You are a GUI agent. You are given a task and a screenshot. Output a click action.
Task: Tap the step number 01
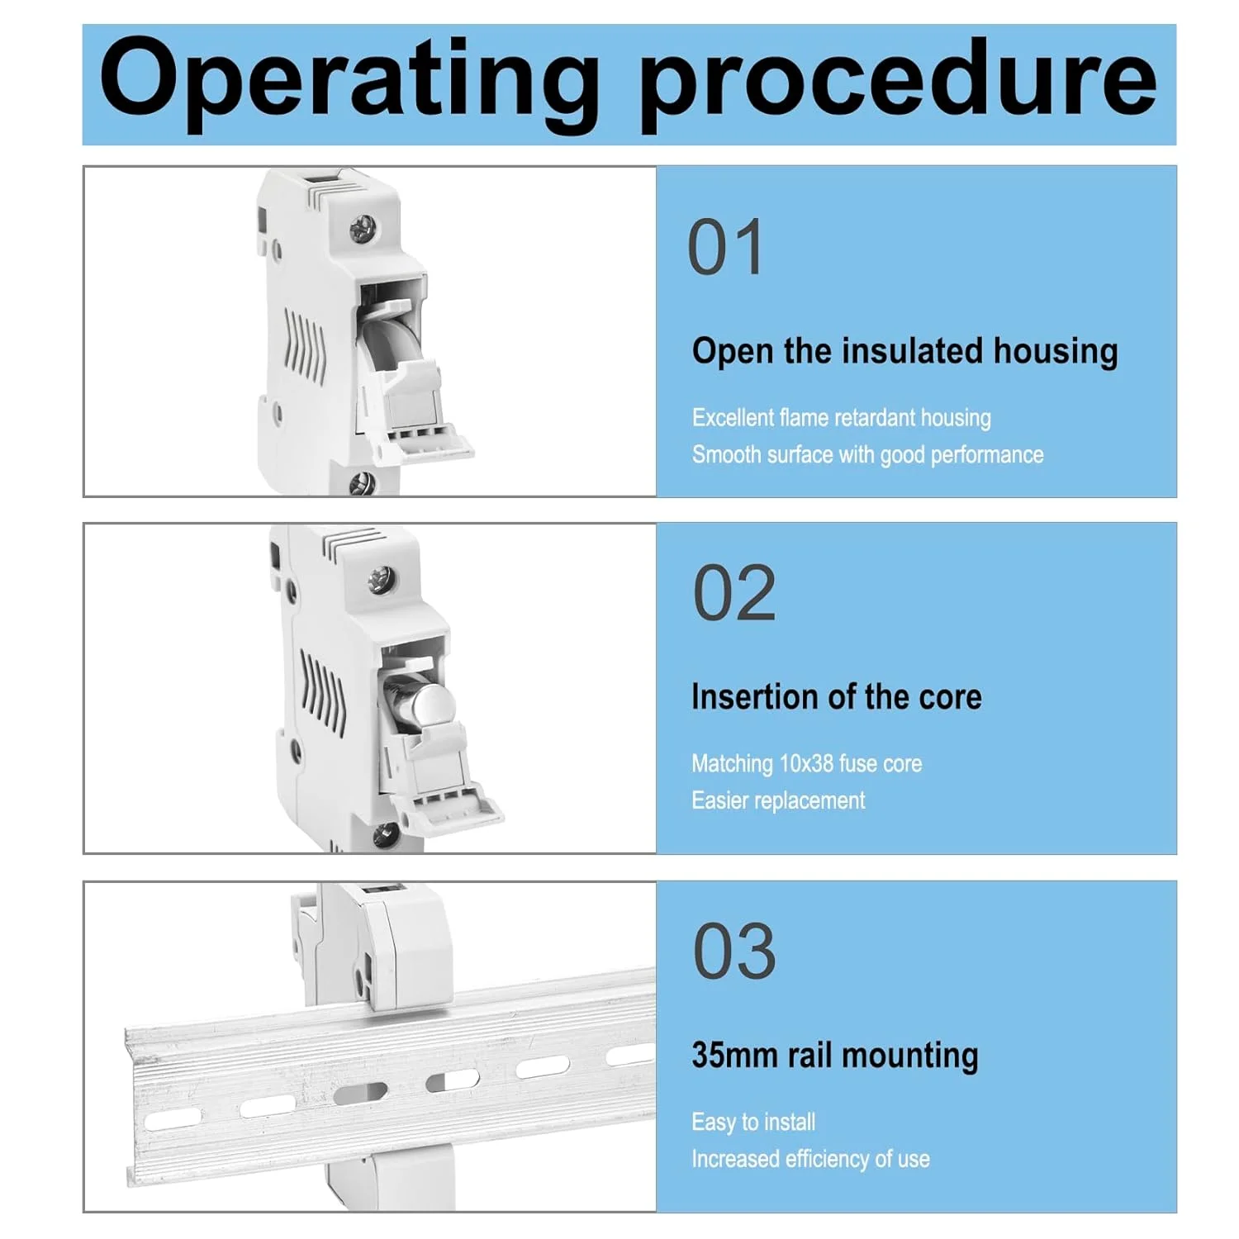pyautogui.click(x=725, y=247)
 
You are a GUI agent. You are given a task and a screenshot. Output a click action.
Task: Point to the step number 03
pyautogui.click(x=734, y=951)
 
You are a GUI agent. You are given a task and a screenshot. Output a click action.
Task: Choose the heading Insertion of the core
pyautogui.click(x=837, y=697)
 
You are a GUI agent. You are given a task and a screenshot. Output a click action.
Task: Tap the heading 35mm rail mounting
pyautogui.click(x=835, y=1056)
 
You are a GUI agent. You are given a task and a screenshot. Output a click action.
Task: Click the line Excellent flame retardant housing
pyautogui.click(x=841, y=418)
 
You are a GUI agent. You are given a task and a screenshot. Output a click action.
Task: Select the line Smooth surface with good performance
pyautogui.click(x=867, y=455)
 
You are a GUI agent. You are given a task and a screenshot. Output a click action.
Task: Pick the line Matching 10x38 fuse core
pyautogui.click(x=806, y=764)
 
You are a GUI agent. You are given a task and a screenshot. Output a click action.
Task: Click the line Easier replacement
pyautogui.click(x=778, y=800)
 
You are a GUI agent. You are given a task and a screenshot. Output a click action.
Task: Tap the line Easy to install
pyautogui.click(x=753, y=1122)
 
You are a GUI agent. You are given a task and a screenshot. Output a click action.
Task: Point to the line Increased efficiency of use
pyautogui.click(x=810, y=1159)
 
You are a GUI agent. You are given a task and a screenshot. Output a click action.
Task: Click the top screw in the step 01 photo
pyautogui.click(x=363, y=229)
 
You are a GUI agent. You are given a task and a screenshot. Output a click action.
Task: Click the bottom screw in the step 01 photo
pyautogui.click(x=362, y=482)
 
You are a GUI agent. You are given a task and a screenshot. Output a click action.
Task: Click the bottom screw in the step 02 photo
pyautogui.click(x=384, y=836)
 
